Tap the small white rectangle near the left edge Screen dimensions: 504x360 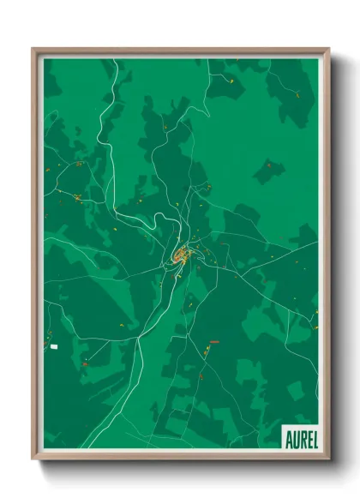pyautogui.click(x=54, y=346)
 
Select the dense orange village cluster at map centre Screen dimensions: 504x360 pyautogui.click(x=181, y=255)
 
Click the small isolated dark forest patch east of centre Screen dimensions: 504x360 pyautogui.click(x=268, y=170)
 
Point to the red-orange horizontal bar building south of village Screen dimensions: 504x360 pyautogui.click(x=214, y=342)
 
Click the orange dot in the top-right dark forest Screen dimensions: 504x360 pyautogui.click(x=297, y=92)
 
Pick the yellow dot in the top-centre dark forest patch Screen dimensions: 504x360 pyautogui.click(x=231, y=79)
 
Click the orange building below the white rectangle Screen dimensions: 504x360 pyautogui.click(x=85, y=364)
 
